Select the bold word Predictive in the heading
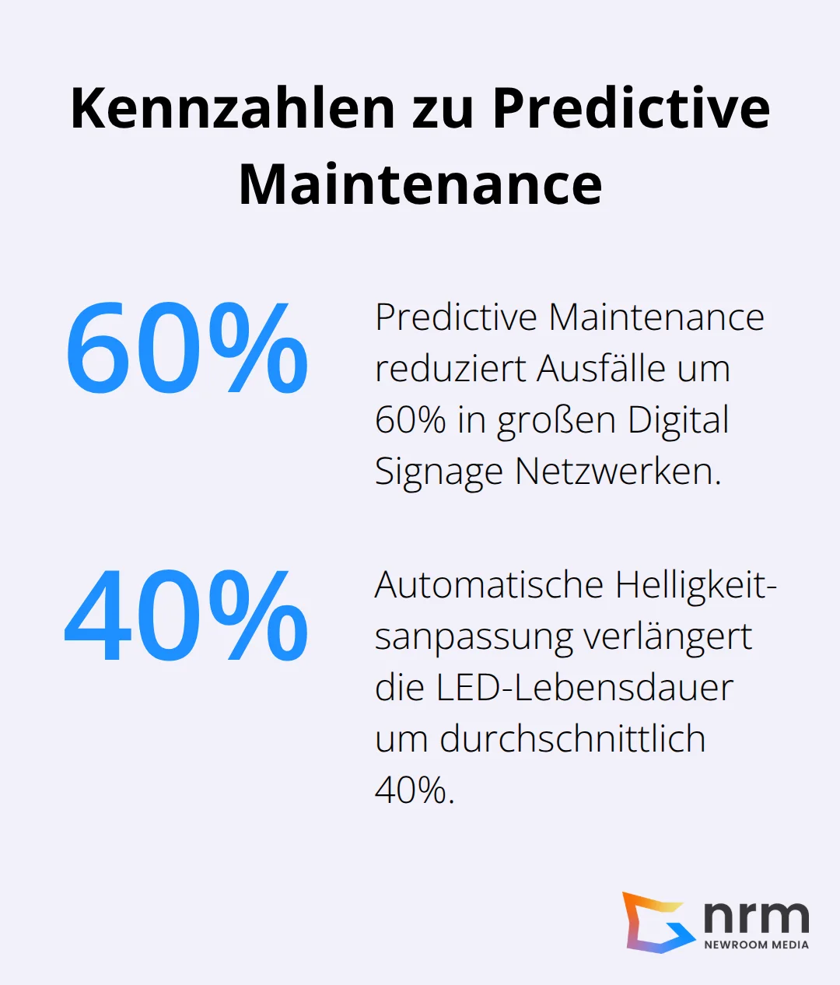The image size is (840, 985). [631, 108]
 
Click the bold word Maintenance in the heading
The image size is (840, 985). [420, 184]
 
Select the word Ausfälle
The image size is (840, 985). [600, 369]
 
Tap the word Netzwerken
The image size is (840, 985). [618, 471]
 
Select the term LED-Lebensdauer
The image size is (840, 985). [585, 688]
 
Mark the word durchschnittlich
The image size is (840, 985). [572, 739]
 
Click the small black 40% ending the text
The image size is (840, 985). [413, 790]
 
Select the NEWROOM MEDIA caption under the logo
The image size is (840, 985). [756, 945]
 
